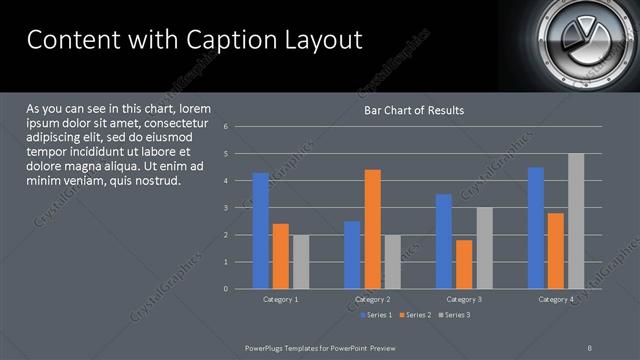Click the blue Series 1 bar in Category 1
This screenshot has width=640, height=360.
[261, 230]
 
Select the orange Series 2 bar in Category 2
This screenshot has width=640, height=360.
[372, 228]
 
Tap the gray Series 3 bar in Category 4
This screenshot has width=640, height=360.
[576, 221]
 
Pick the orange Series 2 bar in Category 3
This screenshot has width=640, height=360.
[464, 264]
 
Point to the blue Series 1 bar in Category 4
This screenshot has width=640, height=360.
[536, 227]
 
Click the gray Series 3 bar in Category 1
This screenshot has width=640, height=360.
[301, 261]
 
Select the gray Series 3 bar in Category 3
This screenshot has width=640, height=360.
[484, 248]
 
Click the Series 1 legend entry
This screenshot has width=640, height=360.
[375, 315]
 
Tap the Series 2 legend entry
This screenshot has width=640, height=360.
[415, 315]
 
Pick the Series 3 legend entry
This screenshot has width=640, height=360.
[455, 315]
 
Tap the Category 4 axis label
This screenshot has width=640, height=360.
[556, 299]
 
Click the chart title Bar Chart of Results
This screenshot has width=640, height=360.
[413, 110]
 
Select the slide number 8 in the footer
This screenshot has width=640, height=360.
[589, 346]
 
